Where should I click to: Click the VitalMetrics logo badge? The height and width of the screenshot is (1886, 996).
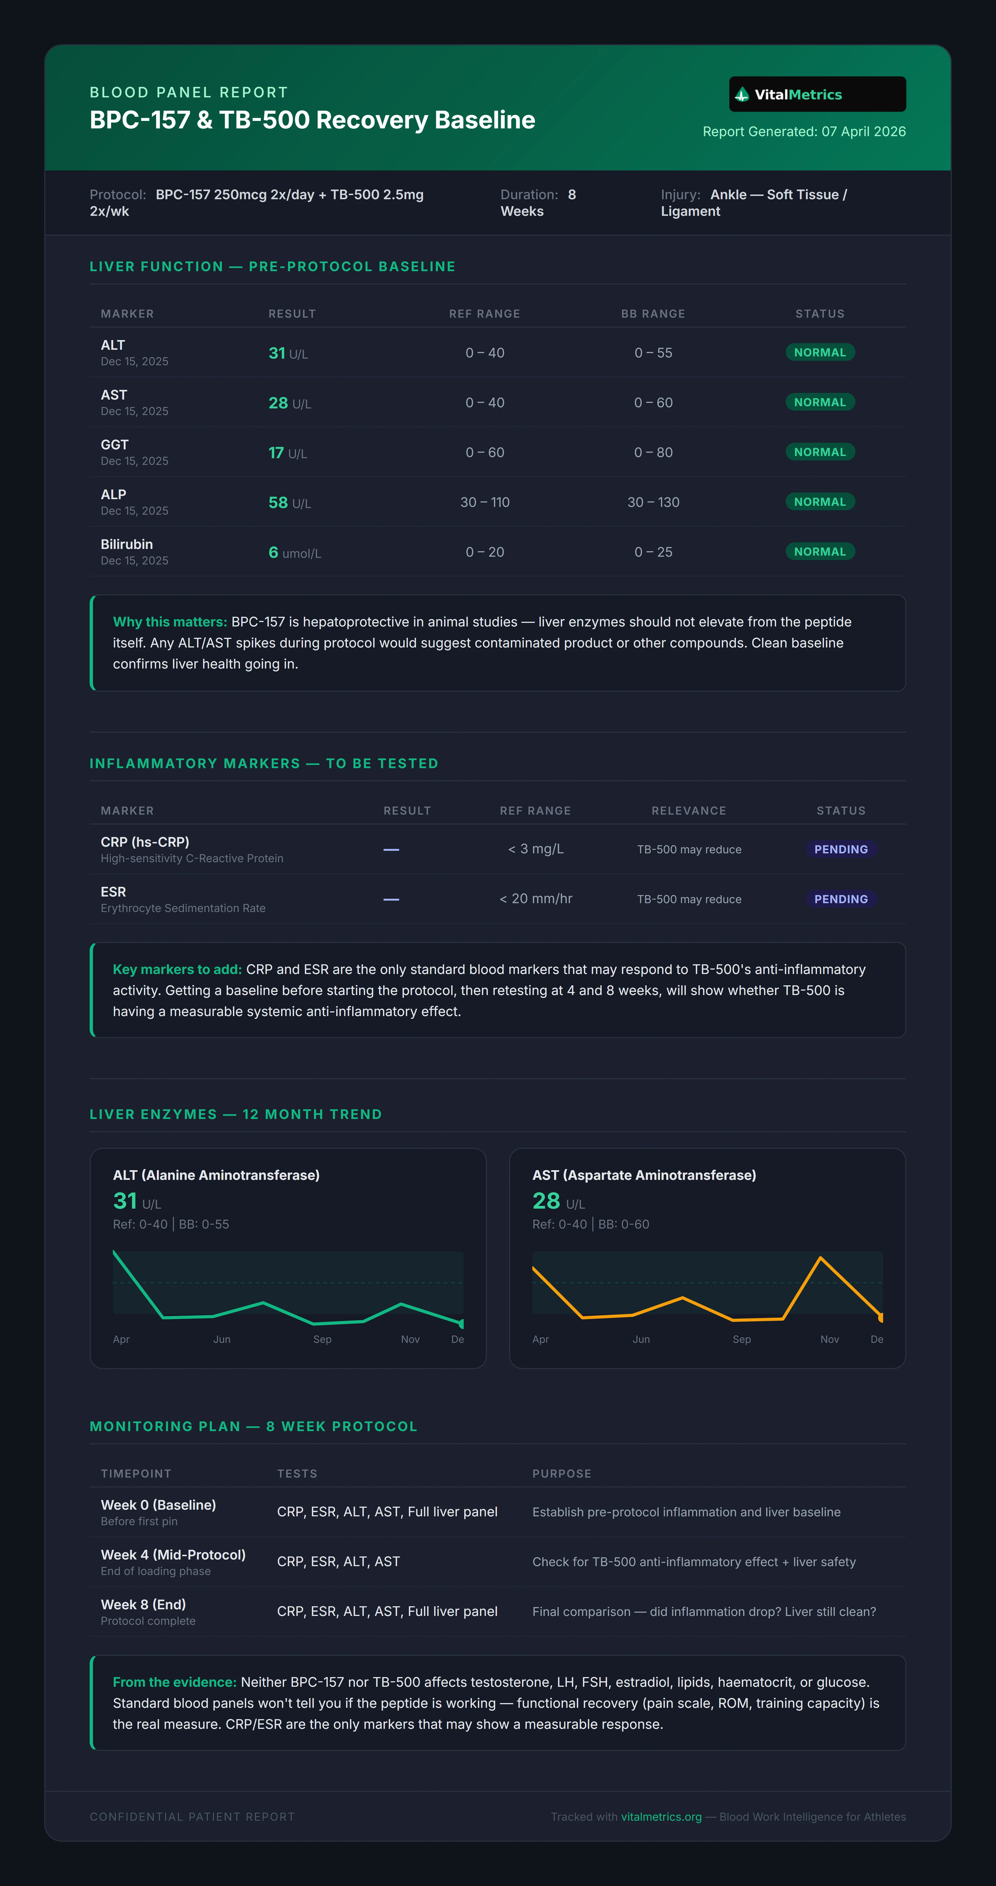click(818, 94)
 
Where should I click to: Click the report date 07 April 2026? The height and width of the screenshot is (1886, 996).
click(863, 132)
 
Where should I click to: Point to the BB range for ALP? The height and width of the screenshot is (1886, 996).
click(653, 502)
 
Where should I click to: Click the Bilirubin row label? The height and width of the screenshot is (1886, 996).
click(127, 544)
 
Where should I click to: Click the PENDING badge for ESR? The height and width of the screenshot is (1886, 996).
click(841, 899)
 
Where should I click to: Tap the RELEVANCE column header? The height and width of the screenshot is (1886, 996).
click(689, 810)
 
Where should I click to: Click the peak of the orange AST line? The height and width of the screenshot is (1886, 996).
click(820, 1258)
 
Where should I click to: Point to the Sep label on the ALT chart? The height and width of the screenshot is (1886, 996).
click(322, 1339)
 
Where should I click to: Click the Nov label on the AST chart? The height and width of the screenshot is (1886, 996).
click(829, 1339)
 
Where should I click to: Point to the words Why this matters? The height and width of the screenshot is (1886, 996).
click(170, 621)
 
